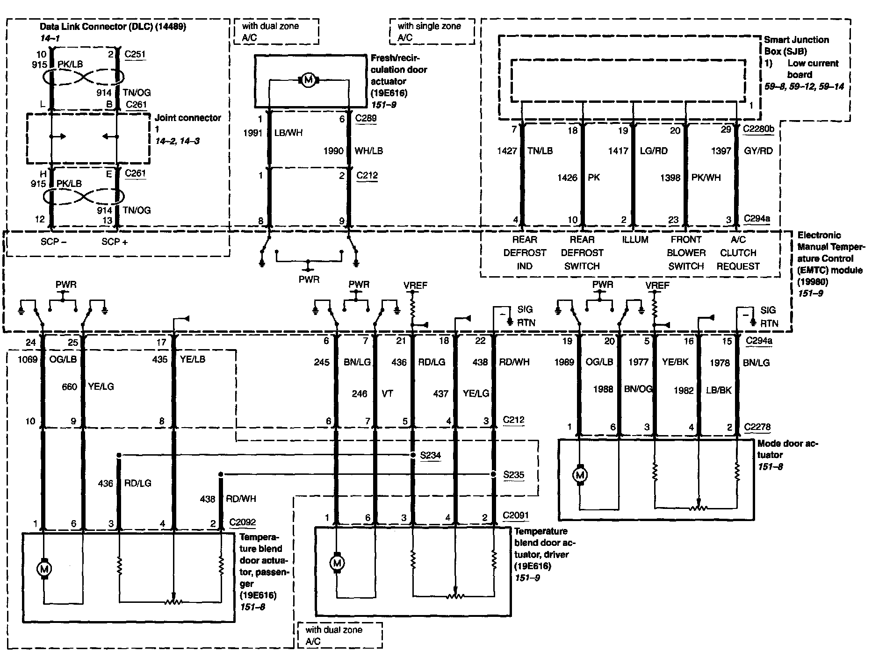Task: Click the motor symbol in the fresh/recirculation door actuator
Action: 308,81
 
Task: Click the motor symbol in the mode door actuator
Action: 580,475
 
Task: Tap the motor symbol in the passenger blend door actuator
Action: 44,569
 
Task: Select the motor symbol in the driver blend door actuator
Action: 337,563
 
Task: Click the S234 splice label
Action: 431,455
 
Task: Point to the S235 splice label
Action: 513,475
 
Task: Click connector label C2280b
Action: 758,129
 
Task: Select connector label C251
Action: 135,54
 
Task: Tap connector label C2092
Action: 243,522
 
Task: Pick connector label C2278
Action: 757,427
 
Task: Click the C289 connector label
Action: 366,118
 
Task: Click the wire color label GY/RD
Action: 758,150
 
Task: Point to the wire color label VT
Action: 387,393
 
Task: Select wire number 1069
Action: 28,359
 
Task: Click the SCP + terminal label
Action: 115,242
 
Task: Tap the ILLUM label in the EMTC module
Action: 635,240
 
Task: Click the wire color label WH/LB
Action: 368,151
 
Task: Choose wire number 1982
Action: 684,390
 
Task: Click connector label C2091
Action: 516,515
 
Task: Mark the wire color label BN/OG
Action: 638,389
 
